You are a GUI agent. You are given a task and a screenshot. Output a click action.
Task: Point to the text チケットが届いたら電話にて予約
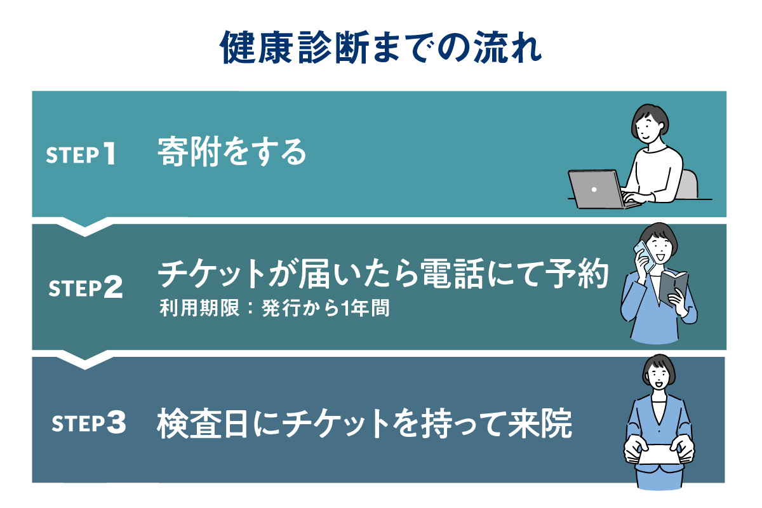pyautogui.click(x=383, y=276)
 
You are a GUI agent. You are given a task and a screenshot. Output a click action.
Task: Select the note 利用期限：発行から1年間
pyautogui.click(x=274, y=311)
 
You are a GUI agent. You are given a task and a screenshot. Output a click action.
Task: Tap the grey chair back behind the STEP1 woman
pyautogui.click(x=688, y=184)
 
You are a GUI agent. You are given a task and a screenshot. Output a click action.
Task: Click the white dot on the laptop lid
pyautogui.click(x=594, y=189)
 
